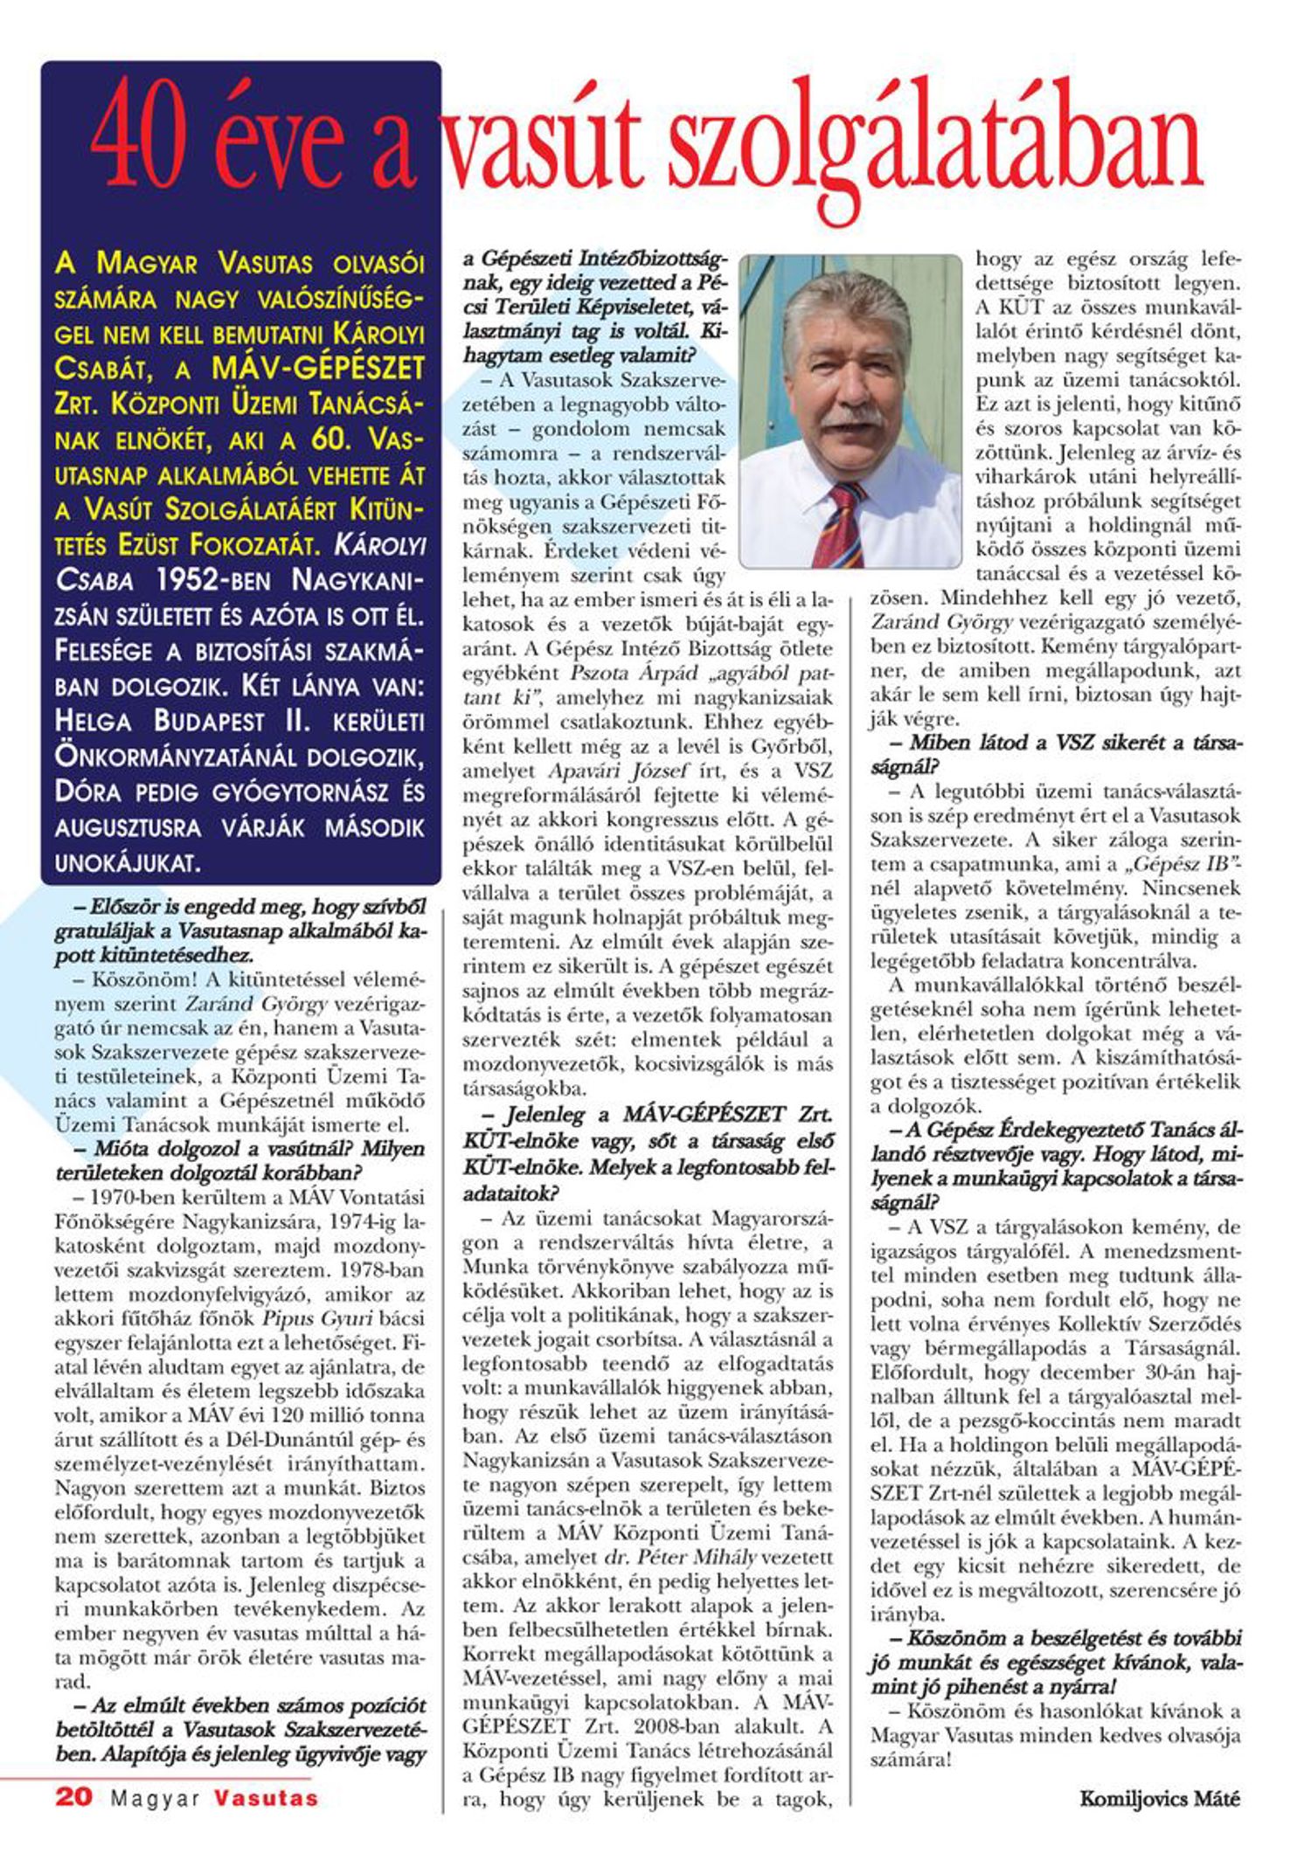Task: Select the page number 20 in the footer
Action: (74, 1797)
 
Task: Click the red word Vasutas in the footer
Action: (266, 1798)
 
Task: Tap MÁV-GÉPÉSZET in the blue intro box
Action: (318, 369)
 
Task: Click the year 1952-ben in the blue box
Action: (213, 580)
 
